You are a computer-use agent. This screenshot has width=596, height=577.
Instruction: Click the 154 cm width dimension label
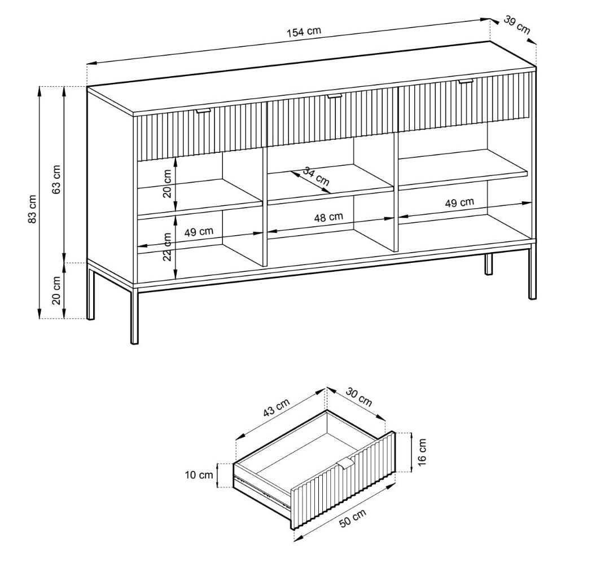point(304,32)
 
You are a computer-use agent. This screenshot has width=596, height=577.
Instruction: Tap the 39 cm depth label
point(517,24)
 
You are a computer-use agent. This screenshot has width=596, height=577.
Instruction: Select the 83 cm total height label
point(32,209)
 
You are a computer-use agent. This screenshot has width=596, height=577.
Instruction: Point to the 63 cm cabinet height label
point(56,179)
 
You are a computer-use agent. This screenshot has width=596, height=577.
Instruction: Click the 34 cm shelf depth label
point(316,176)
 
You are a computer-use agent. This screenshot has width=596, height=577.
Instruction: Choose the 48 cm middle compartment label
point(328,217)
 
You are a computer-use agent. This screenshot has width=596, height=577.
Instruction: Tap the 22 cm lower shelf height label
point(167,246)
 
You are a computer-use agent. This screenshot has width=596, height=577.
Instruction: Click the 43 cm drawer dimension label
point(277,408)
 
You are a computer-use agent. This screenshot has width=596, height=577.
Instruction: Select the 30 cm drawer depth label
point(359,397)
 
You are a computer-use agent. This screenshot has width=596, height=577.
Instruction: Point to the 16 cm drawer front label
point(422,452)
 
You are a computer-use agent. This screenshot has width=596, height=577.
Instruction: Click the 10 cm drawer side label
point(199,475)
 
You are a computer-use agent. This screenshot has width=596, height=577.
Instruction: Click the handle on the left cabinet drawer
point(203,111)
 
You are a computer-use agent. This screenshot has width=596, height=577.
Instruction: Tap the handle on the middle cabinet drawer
point(335,96)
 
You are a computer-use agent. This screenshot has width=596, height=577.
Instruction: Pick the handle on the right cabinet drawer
point(466,81)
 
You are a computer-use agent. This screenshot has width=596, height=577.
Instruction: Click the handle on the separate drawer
point(345,464)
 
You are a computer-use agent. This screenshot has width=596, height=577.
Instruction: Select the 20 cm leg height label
point(56,290)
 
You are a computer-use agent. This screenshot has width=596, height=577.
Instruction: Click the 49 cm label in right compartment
point(459,202)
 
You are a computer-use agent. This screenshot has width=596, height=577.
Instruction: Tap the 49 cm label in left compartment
point(199,232)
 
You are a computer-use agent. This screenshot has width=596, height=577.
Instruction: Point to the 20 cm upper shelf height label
point(167,183)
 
